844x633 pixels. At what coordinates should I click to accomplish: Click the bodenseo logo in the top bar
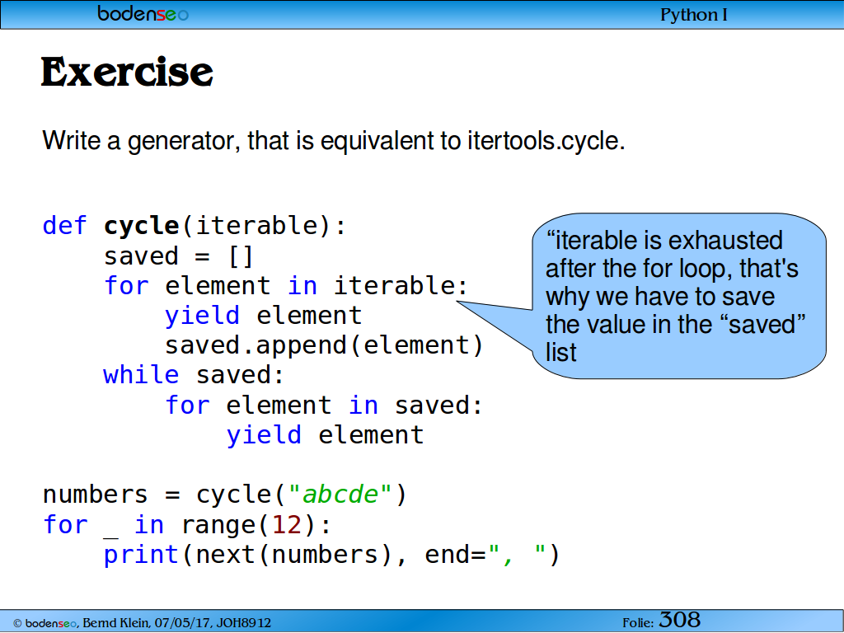[x=143, y=13]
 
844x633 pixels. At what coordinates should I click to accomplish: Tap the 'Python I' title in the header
[x=694, y=15]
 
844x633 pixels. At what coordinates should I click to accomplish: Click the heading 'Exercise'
[x=127, y=73]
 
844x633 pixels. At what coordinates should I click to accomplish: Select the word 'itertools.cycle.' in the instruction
[x=546, y=140]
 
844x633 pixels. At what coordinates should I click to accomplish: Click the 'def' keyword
[x=64, y=225]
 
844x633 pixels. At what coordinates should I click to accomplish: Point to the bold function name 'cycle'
[x=142, y=226]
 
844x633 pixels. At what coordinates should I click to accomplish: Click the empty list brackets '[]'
[x=241, y=256]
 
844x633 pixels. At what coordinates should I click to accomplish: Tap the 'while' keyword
[x=141, y=374]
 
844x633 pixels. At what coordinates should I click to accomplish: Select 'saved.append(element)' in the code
[x=324, y=345]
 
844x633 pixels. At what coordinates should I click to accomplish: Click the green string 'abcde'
[x=340, y=495]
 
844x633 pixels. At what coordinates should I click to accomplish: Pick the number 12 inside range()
[x=286, y=524]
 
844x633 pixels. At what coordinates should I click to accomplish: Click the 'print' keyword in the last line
[x=141, y=555]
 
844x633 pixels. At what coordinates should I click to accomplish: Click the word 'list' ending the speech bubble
[x=560, y=352]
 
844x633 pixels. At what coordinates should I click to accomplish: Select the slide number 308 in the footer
[x=680, y=620]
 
